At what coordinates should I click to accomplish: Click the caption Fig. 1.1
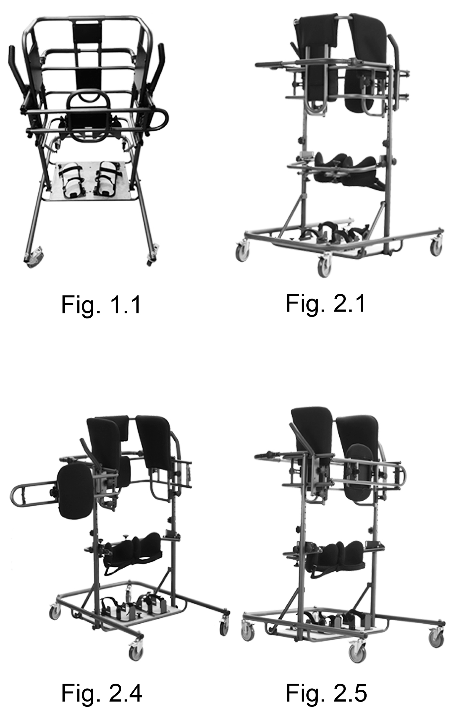101,305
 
